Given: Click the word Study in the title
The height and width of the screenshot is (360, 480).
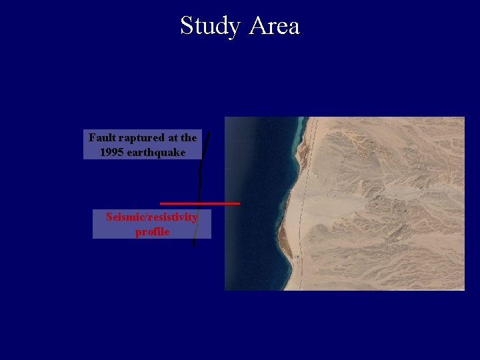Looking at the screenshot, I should tap(210, 27).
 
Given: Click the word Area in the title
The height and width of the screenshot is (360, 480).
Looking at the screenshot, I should tap(274, 27).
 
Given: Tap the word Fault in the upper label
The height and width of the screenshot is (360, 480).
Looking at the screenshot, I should tap(102, 138).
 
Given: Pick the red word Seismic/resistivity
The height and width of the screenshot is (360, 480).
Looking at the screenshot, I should tap(152, 217).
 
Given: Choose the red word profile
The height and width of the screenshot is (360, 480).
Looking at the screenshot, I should tap(152, 232).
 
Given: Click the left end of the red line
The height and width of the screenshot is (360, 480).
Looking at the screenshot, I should tap(161, 203).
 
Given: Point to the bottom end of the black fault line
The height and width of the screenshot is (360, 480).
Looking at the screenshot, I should tap(194, 245).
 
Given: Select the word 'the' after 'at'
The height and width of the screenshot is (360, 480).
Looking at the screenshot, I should tap(189, 138).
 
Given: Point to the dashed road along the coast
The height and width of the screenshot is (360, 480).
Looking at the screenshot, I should tap(301, 200).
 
